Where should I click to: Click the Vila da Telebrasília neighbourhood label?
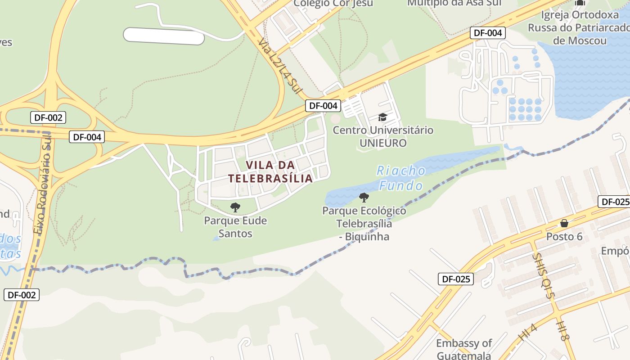(270, 171)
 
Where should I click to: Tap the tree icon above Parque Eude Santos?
(235, 207)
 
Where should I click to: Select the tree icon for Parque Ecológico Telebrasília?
(364, 197)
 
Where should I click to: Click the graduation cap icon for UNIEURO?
(382, 117)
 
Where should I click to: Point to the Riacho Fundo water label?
(401, 178)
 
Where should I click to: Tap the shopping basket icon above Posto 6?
(564, 223)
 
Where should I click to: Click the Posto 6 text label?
(567, 237)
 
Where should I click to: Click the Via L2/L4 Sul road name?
(279, 66)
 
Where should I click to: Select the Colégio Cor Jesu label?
(333, 4)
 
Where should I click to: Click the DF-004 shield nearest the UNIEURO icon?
(323, 106)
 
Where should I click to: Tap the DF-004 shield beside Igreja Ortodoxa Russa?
(488, 33)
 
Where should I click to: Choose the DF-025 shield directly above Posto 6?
(615, 202)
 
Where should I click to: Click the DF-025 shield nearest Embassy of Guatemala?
(456, 279)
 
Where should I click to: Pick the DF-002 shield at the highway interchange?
(48, 118)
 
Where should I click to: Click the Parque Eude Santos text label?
(235, 227)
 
